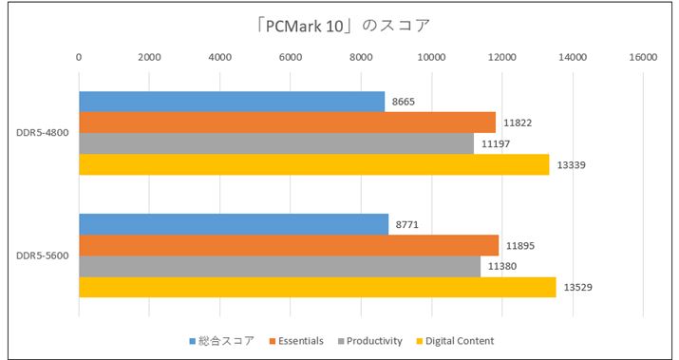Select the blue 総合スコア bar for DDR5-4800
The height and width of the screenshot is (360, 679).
232,102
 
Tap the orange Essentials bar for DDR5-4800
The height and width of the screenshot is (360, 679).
287,123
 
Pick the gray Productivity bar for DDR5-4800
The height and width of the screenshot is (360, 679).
275,143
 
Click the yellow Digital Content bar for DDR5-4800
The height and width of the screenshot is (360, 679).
313,164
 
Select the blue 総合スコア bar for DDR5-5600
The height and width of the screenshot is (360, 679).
234,224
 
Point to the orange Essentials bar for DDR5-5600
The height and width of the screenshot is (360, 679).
288,245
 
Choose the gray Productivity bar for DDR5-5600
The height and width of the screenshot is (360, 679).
279,266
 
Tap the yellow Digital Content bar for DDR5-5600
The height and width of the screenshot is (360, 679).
316,287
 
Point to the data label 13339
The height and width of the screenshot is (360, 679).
572,164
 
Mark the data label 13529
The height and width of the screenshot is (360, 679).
578,287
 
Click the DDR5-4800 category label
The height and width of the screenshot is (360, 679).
41,133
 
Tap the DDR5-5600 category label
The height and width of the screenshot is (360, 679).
41,256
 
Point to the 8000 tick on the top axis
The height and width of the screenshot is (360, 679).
361,58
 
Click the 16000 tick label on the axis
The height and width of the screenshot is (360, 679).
642,58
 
